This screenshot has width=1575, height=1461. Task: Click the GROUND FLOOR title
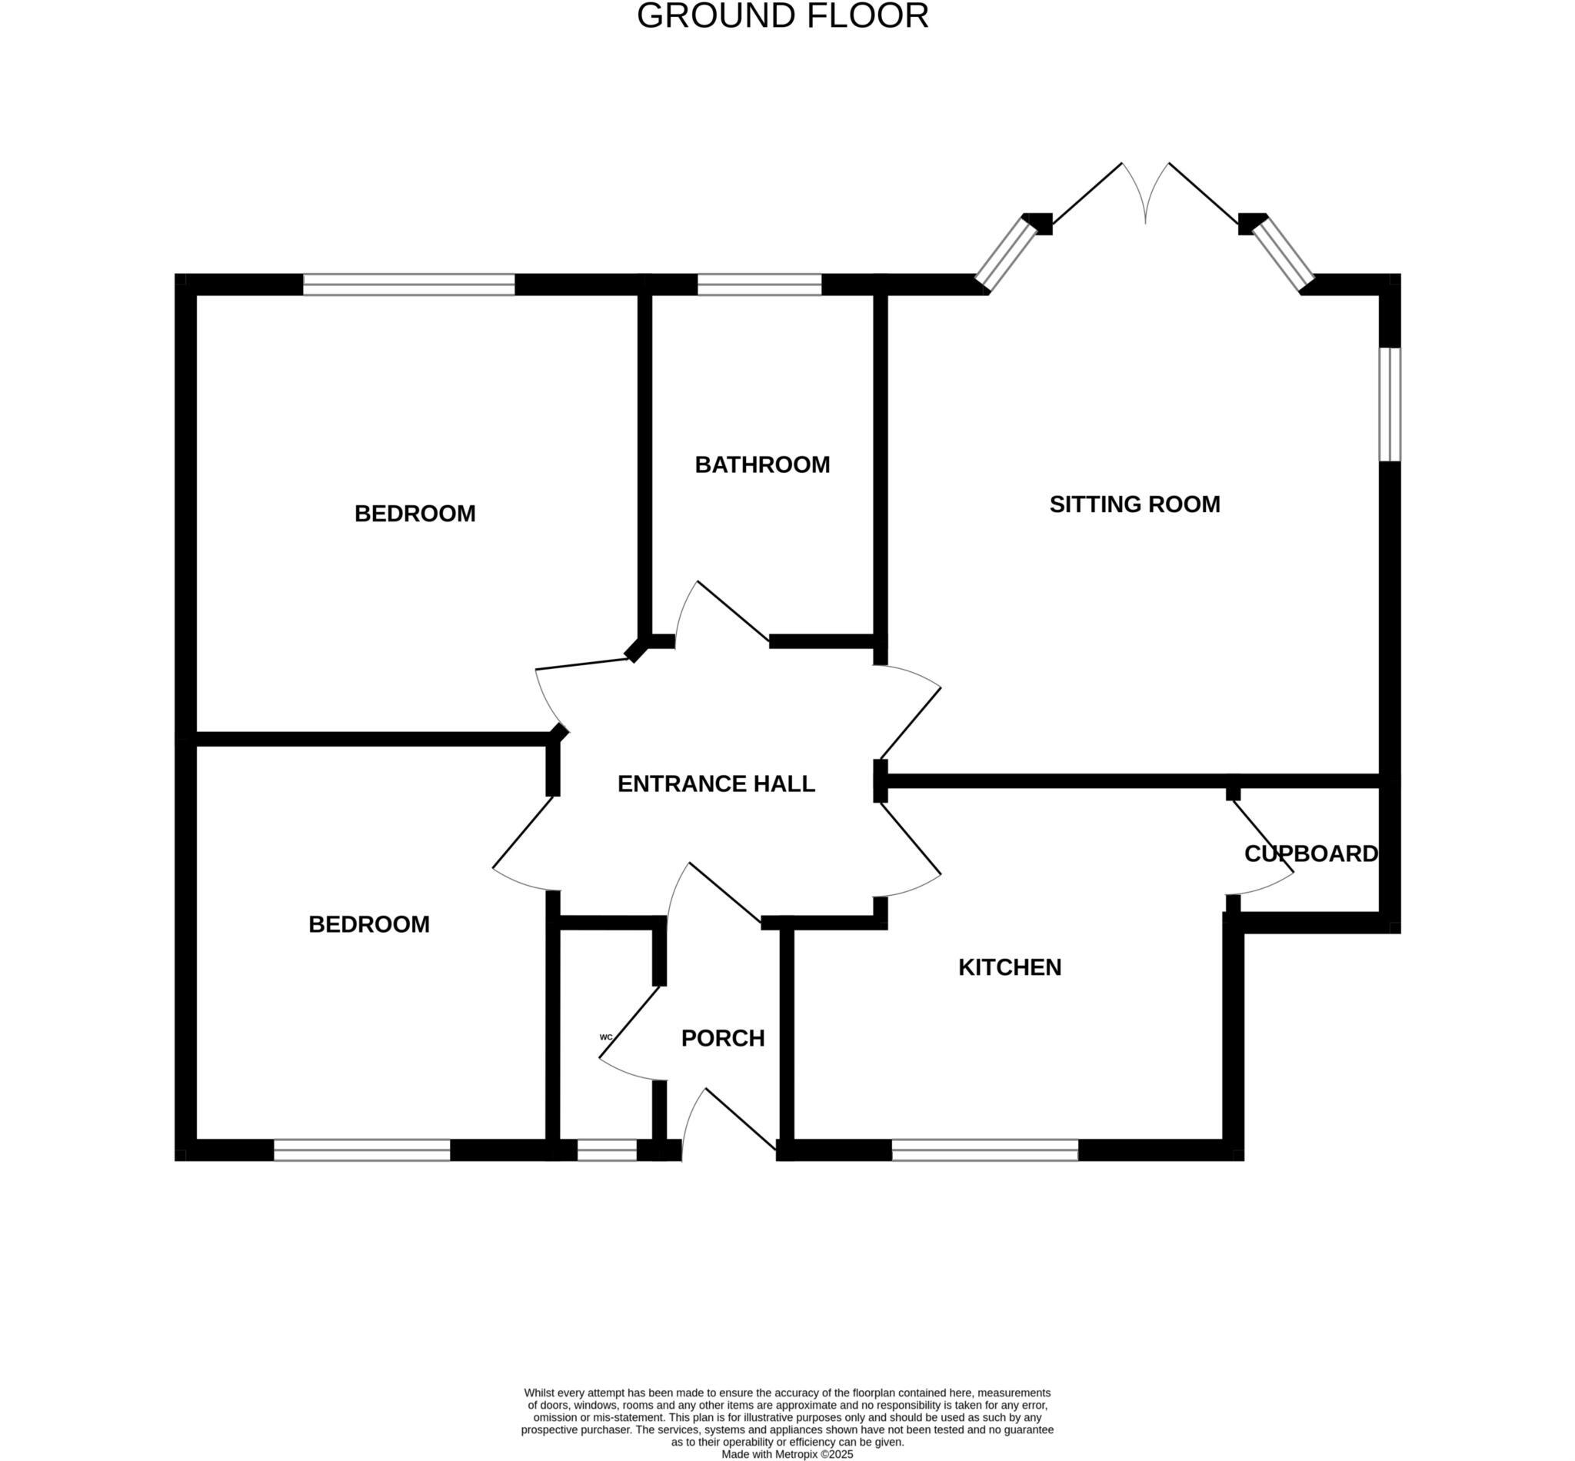coord(782,17)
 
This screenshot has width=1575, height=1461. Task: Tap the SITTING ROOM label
coord(1134,504)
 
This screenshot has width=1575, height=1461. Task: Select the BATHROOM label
coord(762,465)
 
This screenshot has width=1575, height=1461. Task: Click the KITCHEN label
coord(1009,967)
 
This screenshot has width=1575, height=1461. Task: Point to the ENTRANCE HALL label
coord(715,784)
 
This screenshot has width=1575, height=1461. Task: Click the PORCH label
coord(723,1038)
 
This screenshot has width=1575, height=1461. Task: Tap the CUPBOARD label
coord(1310,854)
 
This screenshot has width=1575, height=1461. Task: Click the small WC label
coord(607,1037)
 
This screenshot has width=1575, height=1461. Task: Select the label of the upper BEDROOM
coord(415,514)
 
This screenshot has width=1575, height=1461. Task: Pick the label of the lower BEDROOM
coord(369,924)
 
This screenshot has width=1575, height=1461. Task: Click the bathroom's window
coord(759,285)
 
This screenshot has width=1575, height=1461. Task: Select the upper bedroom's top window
coord(409,285)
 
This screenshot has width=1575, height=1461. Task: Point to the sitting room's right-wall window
coord(1389,404)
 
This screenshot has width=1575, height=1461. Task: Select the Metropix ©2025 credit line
coord(787,1454)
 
